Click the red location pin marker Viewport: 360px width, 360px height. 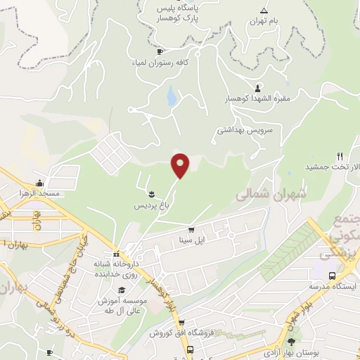pyautogui.click(x=181, y=165)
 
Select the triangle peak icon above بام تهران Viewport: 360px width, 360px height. pyautogui.click(x=264, y=11)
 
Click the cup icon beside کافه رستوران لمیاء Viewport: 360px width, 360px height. pyautogui.click(x=160, y=51)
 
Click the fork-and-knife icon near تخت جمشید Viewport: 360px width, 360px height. pyautogui.click(x=340, y=156)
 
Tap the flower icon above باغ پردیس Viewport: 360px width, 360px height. pyautogui.click(x=152, y=193)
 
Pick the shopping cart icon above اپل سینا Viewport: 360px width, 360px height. pyautogui.click(x=191, y=229)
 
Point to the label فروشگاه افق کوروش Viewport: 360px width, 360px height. pyautogui.click(x=175, y=332)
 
